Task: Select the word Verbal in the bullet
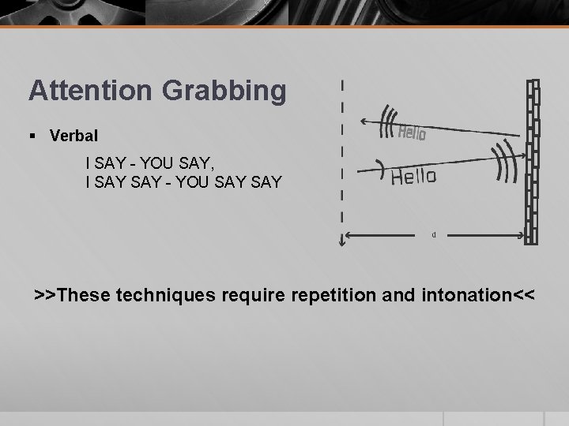tap(73, 136)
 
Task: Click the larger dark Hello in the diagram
tap(413, 176)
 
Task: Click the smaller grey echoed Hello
tap(411, 133)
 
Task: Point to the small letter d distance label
tap(433, 234)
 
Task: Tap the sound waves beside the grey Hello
tap(387, 122)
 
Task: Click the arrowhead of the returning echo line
tap(362, 121)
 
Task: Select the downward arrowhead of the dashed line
tap(342, 243)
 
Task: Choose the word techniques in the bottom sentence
tap(164, 296)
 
